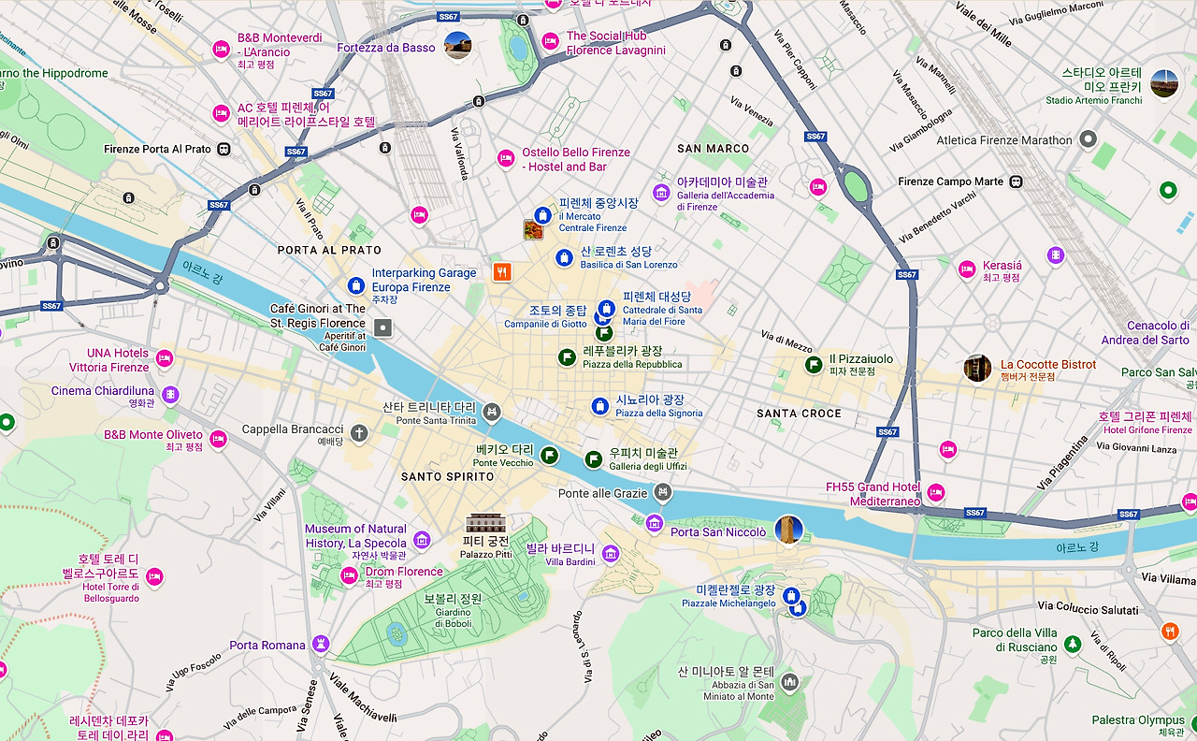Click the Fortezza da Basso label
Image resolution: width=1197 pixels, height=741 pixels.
[386, 48]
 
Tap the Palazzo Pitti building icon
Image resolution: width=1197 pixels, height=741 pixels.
[485, 523]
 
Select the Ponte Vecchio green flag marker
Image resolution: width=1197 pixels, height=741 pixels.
[550, 455]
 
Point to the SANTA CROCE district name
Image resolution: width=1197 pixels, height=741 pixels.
[799, 414]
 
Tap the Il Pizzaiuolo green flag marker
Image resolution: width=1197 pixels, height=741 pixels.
[810, 365]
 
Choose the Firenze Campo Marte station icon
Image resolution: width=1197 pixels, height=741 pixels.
[1016, 182]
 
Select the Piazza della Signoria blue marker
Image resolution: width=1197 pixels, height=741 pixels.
[600, 406]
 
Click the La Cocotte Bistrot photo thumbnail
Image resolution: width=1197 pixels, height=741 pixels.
[977, 369]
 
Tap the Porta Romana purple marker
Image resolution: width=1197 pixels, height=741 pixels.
[321, 645]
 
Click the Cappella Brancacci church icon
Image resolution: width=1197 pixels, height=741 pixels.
[359, 431]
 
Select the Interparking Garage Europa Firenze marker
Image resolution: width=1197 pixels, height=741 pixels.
[355, 285]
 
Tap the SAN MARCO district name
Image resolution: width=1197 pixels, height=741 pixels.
[714, 149]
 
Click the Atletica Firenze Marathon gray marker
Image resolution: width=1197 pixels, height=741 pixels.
[1088, 140]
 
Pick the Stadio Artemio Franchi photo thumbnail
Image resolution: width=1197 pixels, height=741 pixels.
[1164, 84]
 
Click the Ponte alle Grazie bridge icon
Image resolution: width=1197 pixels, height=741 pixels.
[662, 491]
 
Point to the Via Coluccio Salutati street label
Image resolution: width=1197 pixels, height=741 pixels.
[1089, 609]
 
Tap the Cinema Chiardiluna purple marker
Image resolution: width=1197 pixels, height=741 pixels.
[169, 394]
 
